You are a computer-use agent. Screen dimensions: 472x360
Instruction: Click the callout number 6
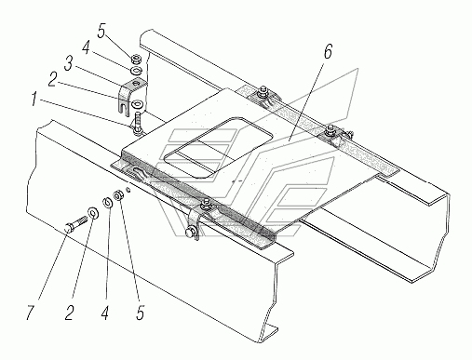tap(328, 51)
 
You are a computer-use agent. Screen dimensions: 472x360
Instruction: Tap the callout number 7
tap(30, 313)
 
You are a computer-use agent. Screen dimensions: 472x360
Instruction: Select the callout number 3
tap(68, 63)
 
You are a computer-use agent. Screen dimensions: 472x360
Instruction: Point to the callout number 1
tap(36, 100)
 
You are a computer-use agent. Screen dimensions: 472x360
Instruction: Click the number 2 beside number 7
tap(69, 313)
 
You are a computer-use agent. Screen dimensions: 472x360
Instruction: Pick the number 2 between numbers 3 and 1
tap(53, 80)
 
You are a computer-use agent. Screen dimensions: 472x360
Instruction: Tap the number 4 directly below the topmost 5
tap(86, 47)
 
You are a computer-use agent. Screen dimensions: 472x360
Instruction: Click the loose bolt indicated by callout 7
tap(76, 223)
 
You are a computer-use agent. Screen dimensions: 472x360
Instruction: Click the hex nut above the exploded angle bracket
tap(136, 59)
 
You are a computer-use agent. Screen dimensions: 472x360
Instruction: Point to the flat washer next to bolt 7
tap(93, 212)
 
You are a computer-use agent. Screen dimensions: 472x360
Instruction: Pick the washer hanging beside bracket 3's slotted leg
tap(137, 104)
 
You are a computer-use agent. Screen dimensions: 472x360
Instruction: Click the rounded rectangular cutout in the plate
tap(218, 148)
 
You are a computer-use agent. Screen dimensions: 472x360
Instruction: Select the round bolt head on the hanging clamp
tap(190, 233)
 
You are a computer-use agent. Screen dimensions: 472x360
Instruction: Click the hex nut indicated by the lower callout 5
tap(119, 195)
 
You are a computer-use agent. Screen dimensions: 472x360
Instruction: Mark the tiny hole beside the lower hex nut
tap(128, 191)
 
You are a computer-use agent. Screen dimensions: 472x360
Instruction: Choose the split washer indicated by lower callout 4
tap(107, 203)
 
